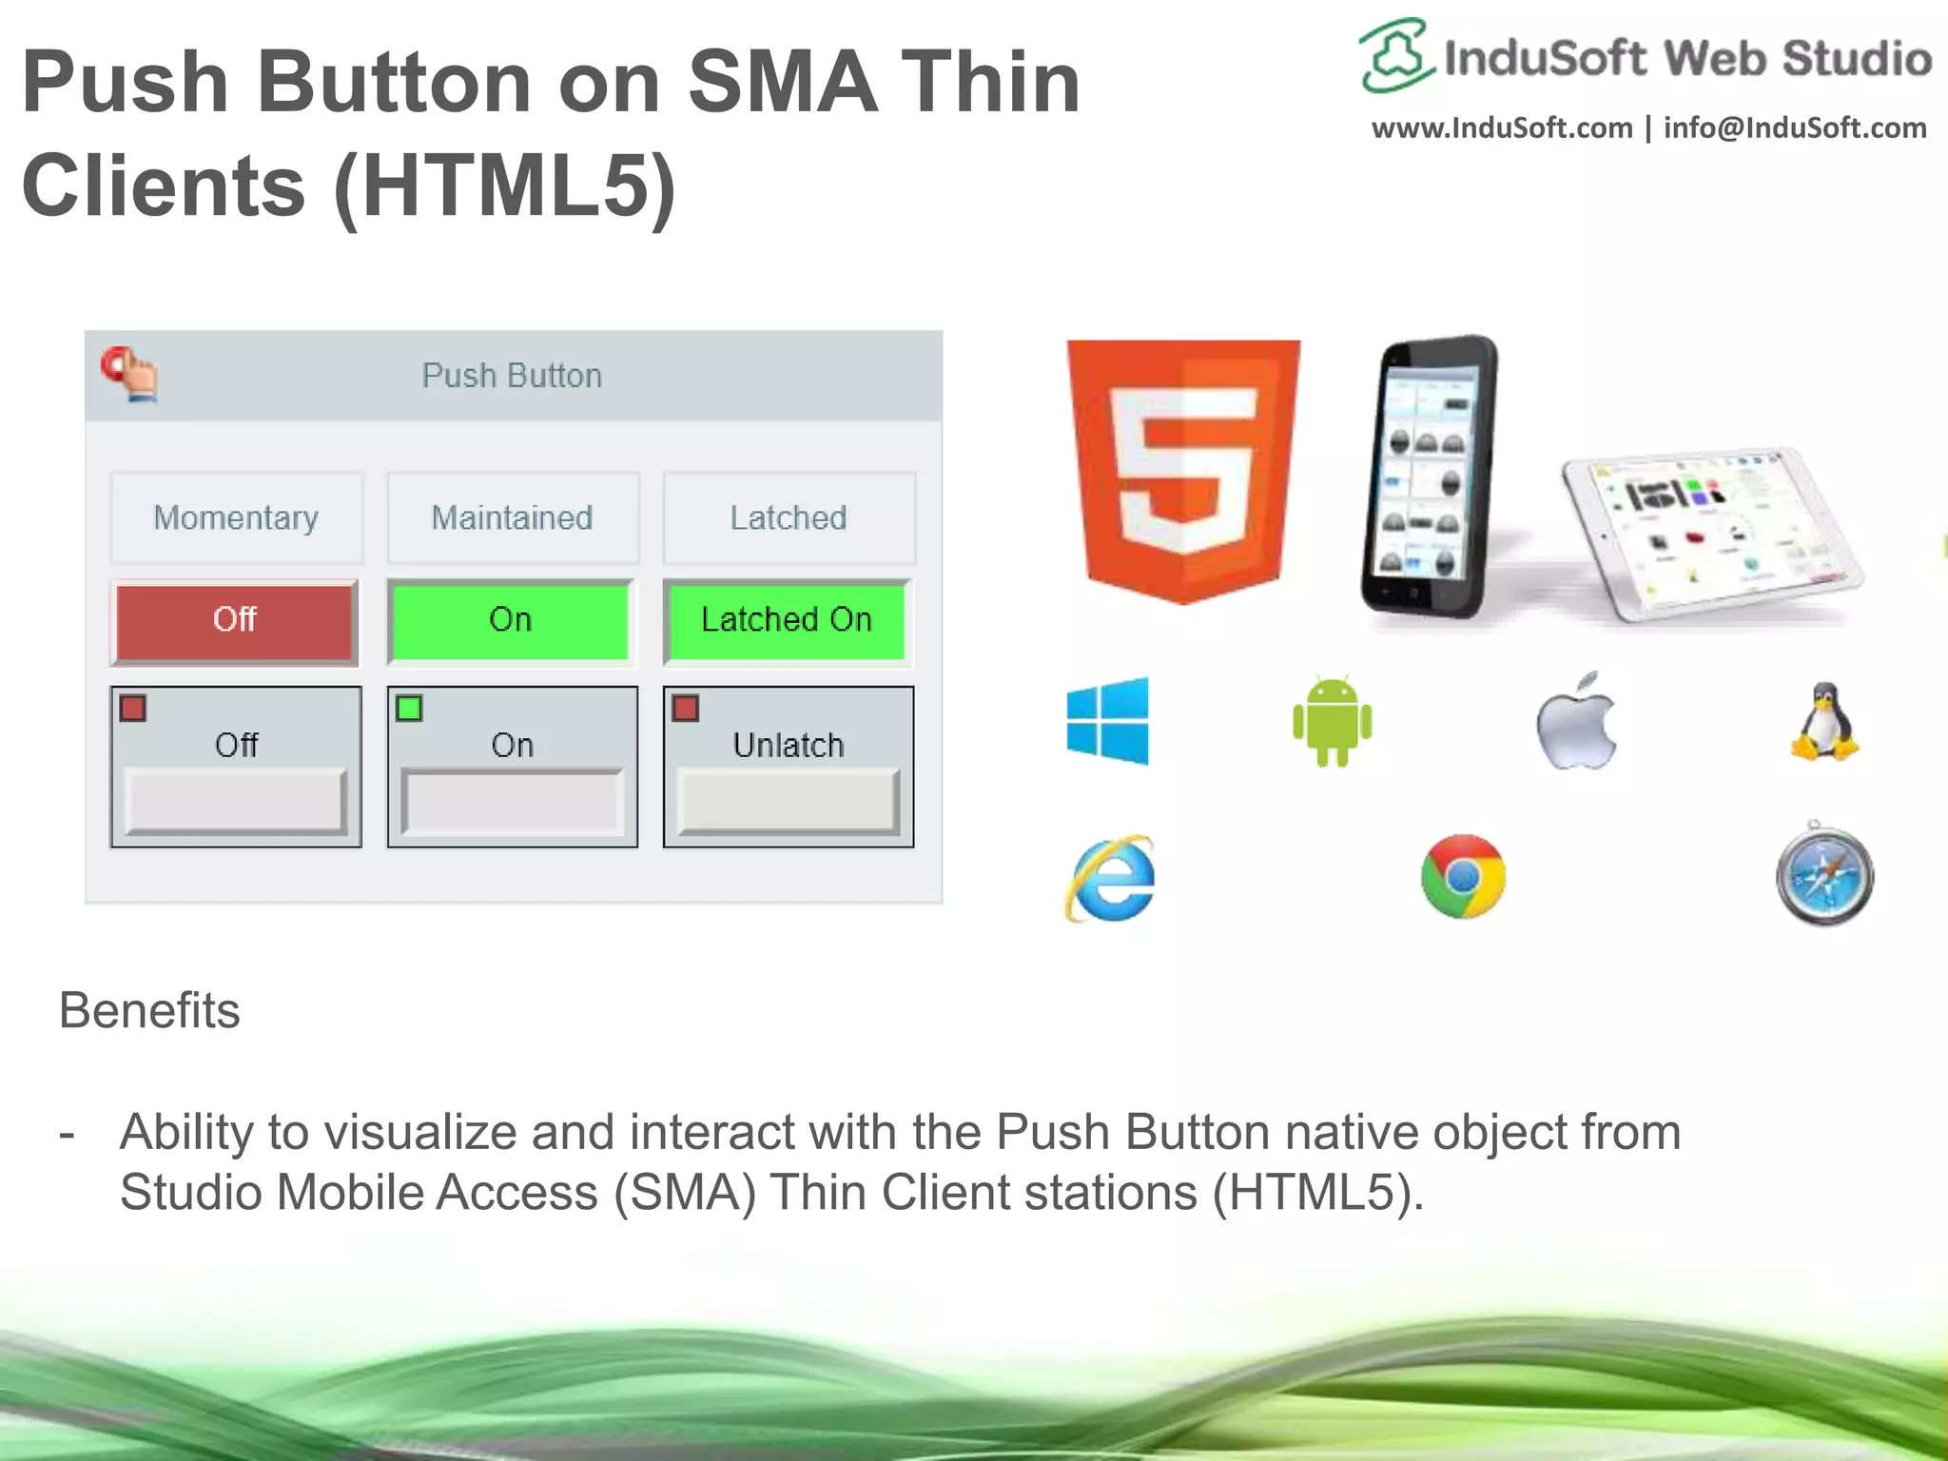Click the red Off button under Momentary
pos(235,620)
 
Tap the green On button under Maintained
pos(511,620)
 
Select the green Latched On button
pos(787,620)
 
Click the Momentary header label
pos(236,518)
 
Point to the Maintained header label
pos(512,518)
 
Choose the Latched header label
pos(789,518)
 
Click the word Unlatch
pos(789,745)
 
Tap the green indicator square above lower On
pos(409,709)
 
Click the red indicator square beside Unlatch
pos(686,709)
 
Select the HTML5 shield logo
pos(1183,471)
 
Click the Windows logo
pos(1108,721)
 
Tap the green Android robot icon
pos(1333,722)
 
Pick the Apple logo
pos(1576,722)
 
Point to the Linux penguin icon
pos(1824,722)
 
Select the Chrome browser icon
pos(1463,876)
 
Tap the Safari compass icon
pos(1824,876)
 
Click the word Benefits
pos(149,1010)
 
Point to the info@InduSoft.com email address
pos(1795,128)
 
